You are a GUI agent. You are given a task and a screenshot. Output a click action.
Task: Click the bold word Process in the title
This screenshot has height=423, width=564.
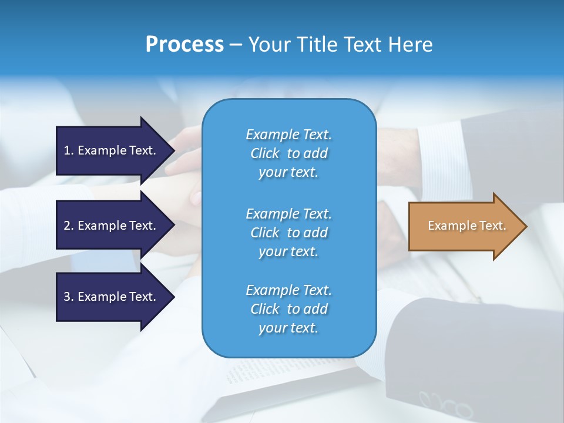184,44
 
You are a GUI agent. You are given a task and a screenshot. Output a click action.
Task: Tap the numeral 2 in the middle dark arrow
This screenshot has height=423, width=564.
68,226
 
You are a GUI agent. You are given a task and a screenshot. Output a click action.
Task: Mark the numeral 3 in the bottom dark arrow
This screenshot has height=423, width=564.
68,297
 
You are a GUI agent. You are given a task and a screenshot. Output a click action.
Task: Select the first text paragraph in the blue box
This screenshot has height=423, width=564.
288,153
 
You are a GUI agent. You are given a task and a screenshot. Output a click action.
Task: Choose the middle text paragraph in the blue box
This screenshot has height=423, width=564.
288,233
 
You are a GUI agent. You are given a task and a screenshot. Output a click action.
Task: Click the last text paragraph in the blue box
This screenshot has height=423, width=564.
288,309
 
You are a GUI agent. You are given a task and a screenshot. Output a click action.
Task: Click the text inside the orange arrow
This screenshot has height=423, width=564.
466,226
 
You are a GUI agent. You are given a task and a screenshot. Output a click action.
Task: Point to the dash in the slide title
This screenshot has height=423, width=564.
236,45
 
